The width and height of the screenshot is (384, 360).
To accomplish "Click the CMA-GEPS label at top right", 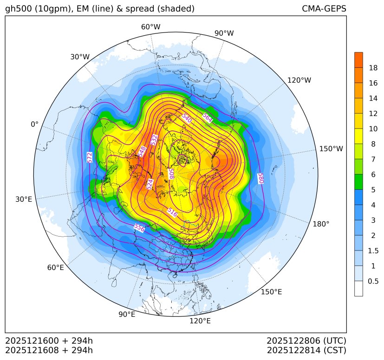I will [x=324, y=9].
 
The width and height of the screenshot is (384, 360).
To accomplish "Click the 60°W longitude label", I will [x=150, y=27].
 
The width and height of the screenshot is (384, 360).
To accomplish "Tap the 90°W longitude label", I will [x=224, y=33].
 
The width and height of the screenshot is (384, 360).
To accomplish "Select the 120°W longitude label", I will [x=299, y=80].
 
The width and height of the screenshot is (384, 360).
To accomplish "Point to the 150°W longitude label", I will [x=331, y=149].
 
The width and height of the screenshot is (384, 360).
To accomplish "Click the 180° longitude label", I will [x=321, y=224].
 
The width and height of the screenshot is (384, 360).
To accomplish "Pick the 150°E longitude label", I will [x=271, y=292].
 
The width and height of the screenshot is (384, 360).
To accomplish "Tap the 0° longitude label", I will [x=34, y=124].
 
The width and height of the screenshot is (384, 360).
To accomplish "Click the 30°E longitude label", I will [x=24, y=199].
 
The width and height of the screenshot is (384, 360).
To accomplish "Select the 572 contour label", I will [x=90, y=157].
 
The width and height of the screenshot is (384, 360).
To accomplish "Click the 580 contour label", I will [x=260, y=178].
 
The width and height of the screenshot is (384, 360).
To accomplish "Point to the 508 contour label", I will [x=171, y=174].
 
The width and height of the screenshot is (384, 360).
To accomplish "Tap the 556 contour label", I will [x=139, y=227].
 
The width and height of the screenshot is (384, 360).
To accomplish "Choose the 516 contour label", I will [x=172, y=212].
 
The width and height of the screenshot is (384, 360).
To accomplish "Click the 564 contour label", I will [x=208, y=118].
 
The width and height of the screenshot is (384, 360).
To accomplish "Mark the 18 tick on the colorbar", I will [x=373, y=68].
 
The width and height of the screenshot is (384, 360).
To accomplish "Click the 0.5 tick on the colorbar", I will [x=373, y=281].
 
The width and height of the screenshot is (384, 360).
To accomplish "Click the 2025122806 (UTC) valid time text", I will [x=306, y=341].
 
